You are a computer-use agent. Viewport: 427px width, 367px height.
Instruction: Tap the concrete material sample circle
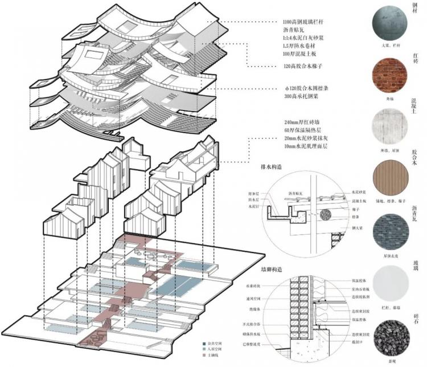click(x=389, y=126)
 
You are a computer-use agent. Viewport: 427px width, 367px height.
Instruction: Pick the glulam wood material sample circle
click(x=389, y=177)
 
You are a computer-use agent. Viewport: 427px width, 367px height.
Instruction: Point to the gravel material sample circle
click(x=389, y=334)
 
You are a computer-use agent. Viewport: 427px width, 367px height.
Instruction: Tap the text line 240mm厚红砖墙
click(x=303, y=123)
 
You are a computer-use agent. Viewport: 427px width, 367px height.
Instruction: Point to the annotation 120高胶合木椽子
click(x=304, y=67)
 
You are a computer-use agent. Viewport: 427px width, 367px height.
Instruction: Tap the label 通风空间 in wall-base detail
click(x=254, y=298)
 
